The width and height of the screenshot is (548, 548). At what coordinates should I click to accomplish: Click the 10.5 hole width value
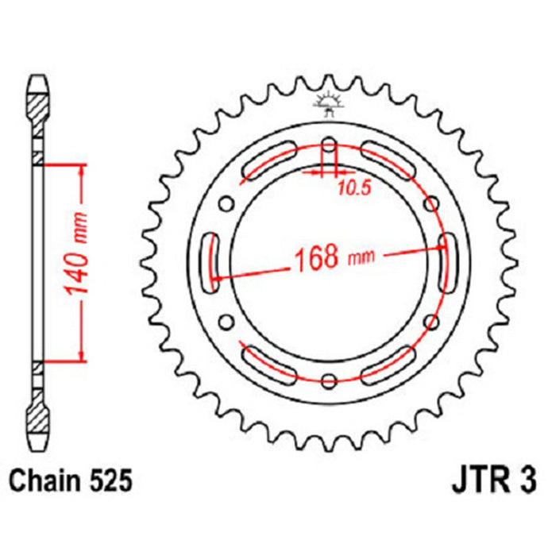[345, 189]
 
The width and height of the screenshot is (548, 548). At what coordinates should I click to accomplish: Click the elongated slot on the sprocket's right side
[444, 259]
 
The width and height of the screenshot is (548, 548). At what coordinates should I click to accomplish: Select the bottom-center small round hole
[328, 378]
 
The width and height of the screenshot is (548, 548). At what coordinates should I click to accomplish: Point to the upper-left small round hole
[226, 204]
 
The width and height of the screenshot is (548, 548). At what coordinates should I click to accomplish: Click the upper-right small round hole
[430, 204]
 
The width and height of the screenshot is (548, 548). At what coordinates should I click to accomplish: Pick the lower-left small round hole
[226, 321]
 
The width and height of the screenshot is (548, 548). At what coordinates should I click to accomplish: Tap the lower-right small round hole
[430, 321]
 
